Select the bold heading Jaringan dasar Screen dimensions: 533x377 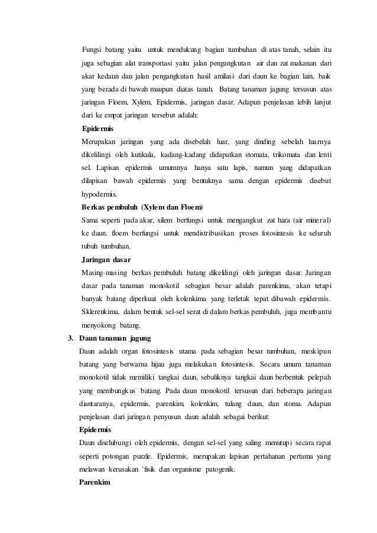coord(106,259)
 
